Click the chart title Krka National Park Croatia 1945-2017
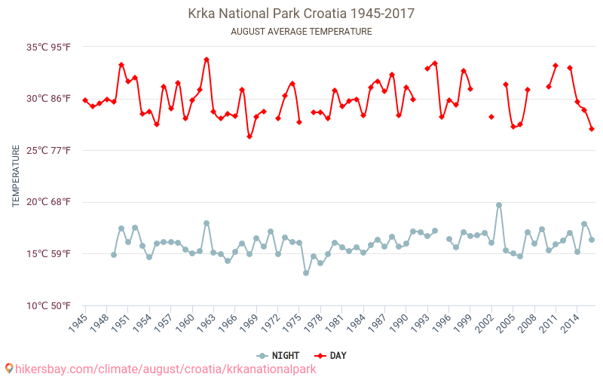[301, 14]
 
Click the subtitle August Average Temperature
[301, 32]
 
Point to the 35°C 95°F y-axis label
[49, 47]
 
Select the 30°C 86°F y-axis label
[49, 99]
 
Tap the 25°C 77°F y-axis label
[49, 151]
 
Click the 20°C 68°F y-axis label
[49, 202]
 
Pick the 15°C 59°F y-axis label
[49, 254]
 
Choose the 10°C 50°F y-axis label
[49, 305]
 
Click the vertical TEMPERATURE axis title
[16, 176]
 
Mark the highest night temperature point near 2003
[499, 205]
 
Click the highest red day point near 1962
[207, 60]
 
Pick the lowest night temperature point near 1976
[306, 273]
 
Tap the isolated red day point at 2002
[491, 117]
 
